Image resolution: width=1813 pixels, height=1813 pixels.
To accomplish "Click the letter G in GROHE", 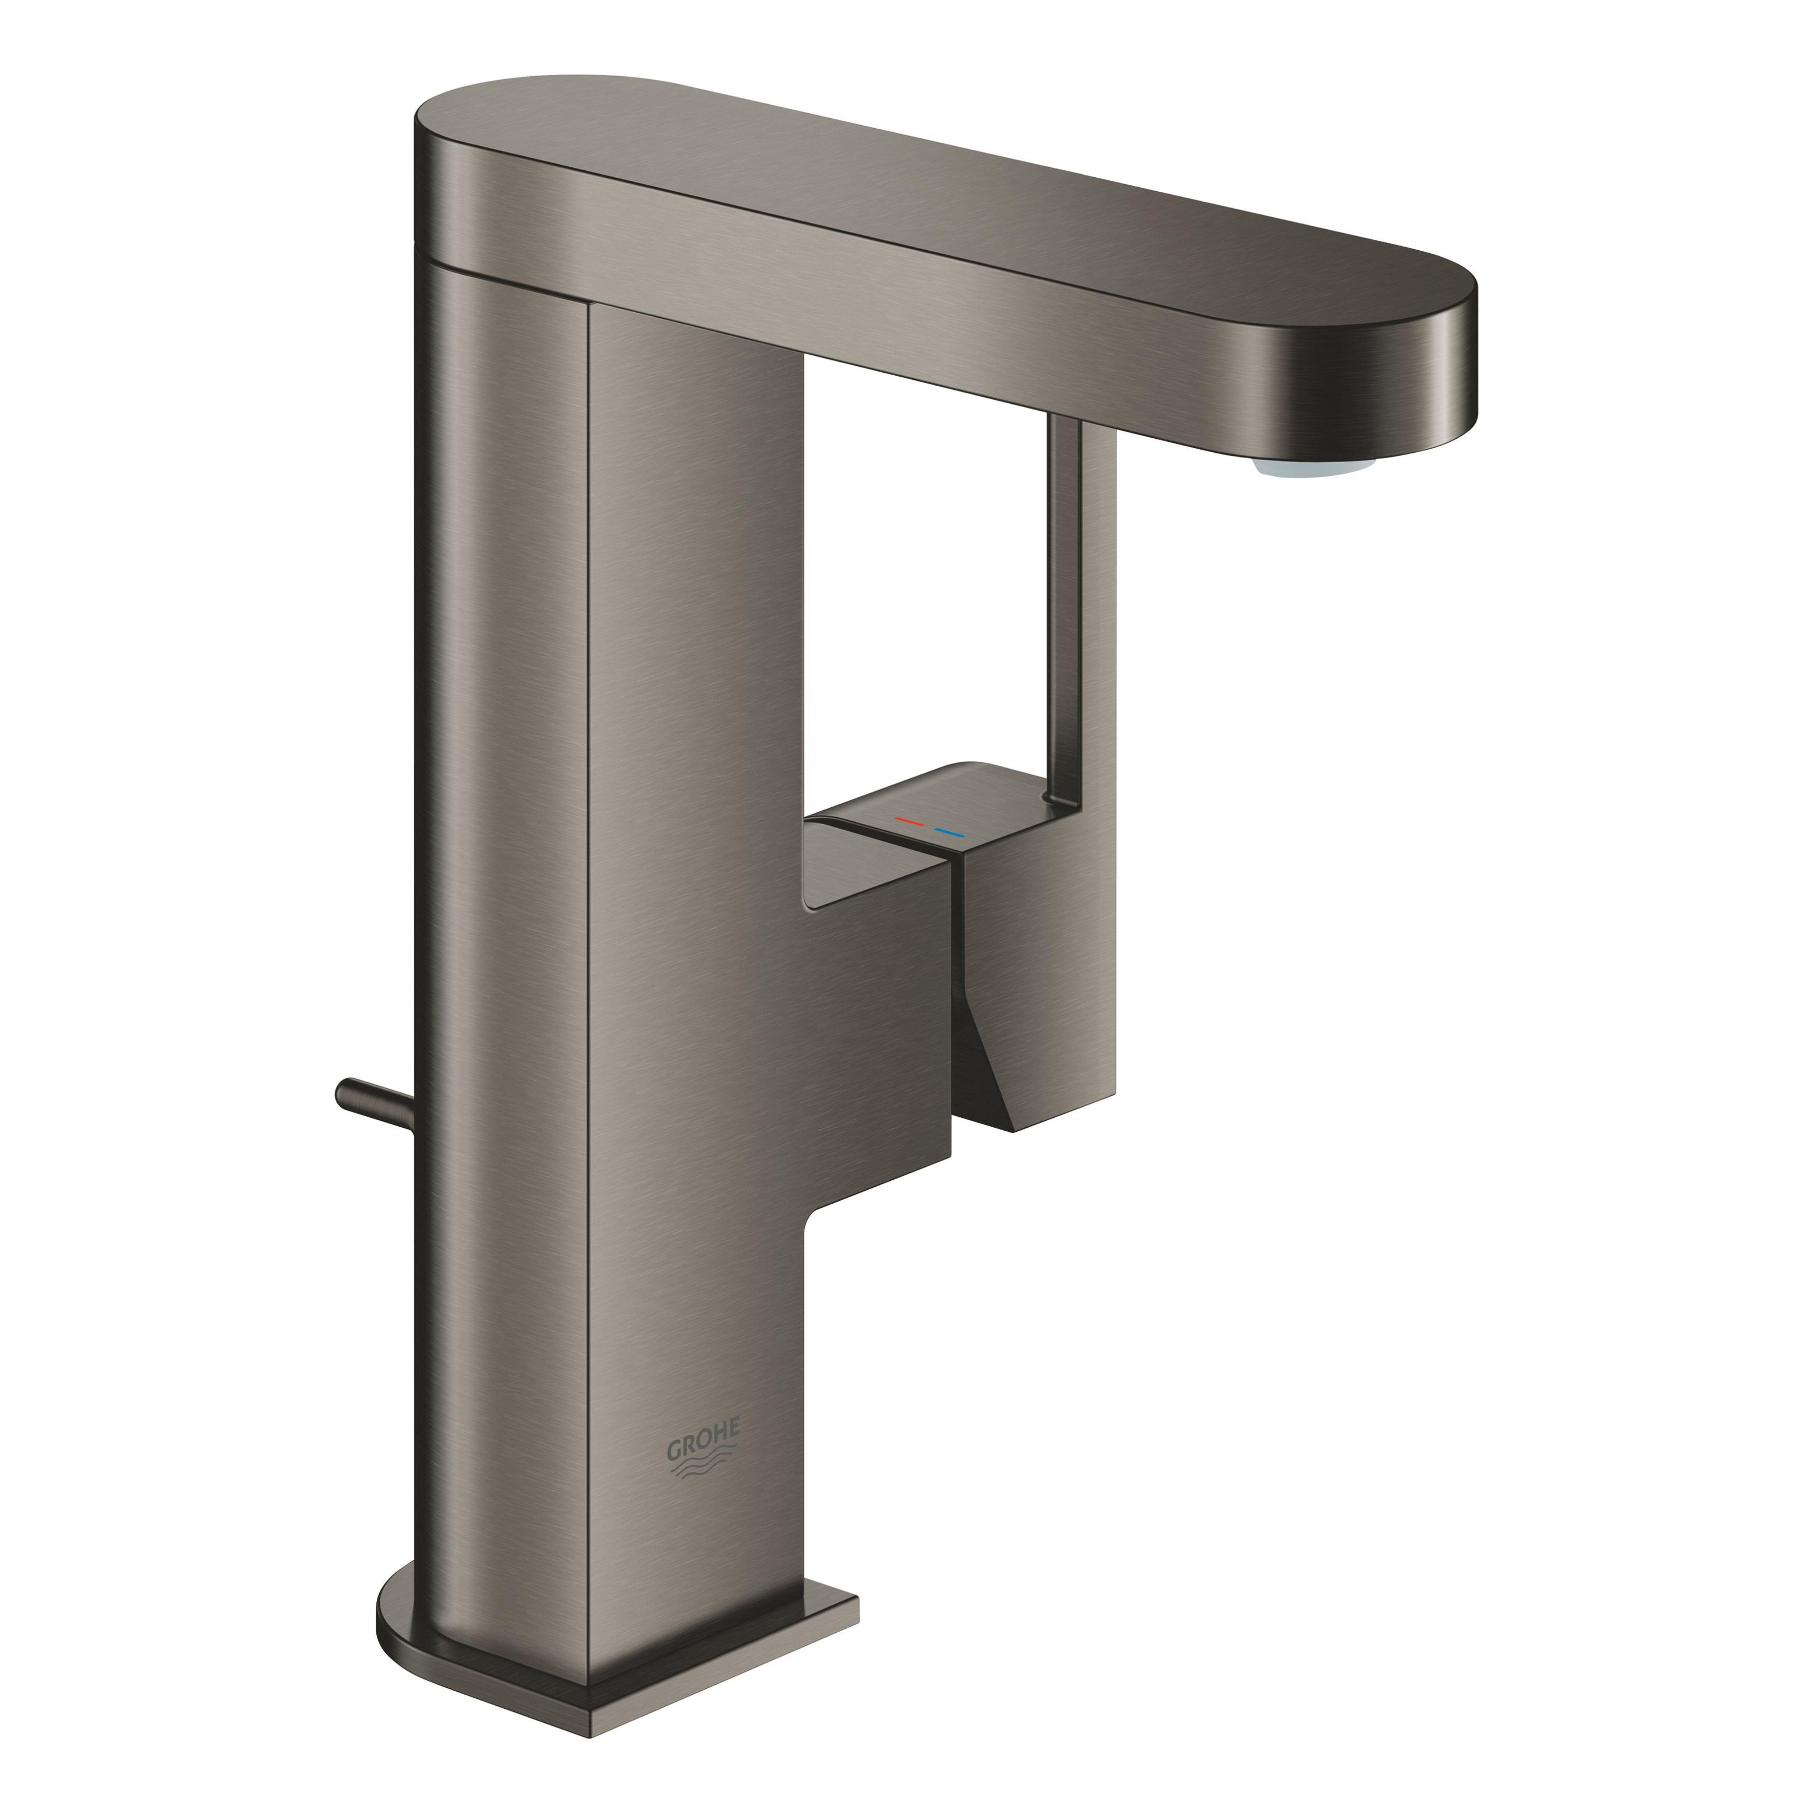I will click(674, 1452).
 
